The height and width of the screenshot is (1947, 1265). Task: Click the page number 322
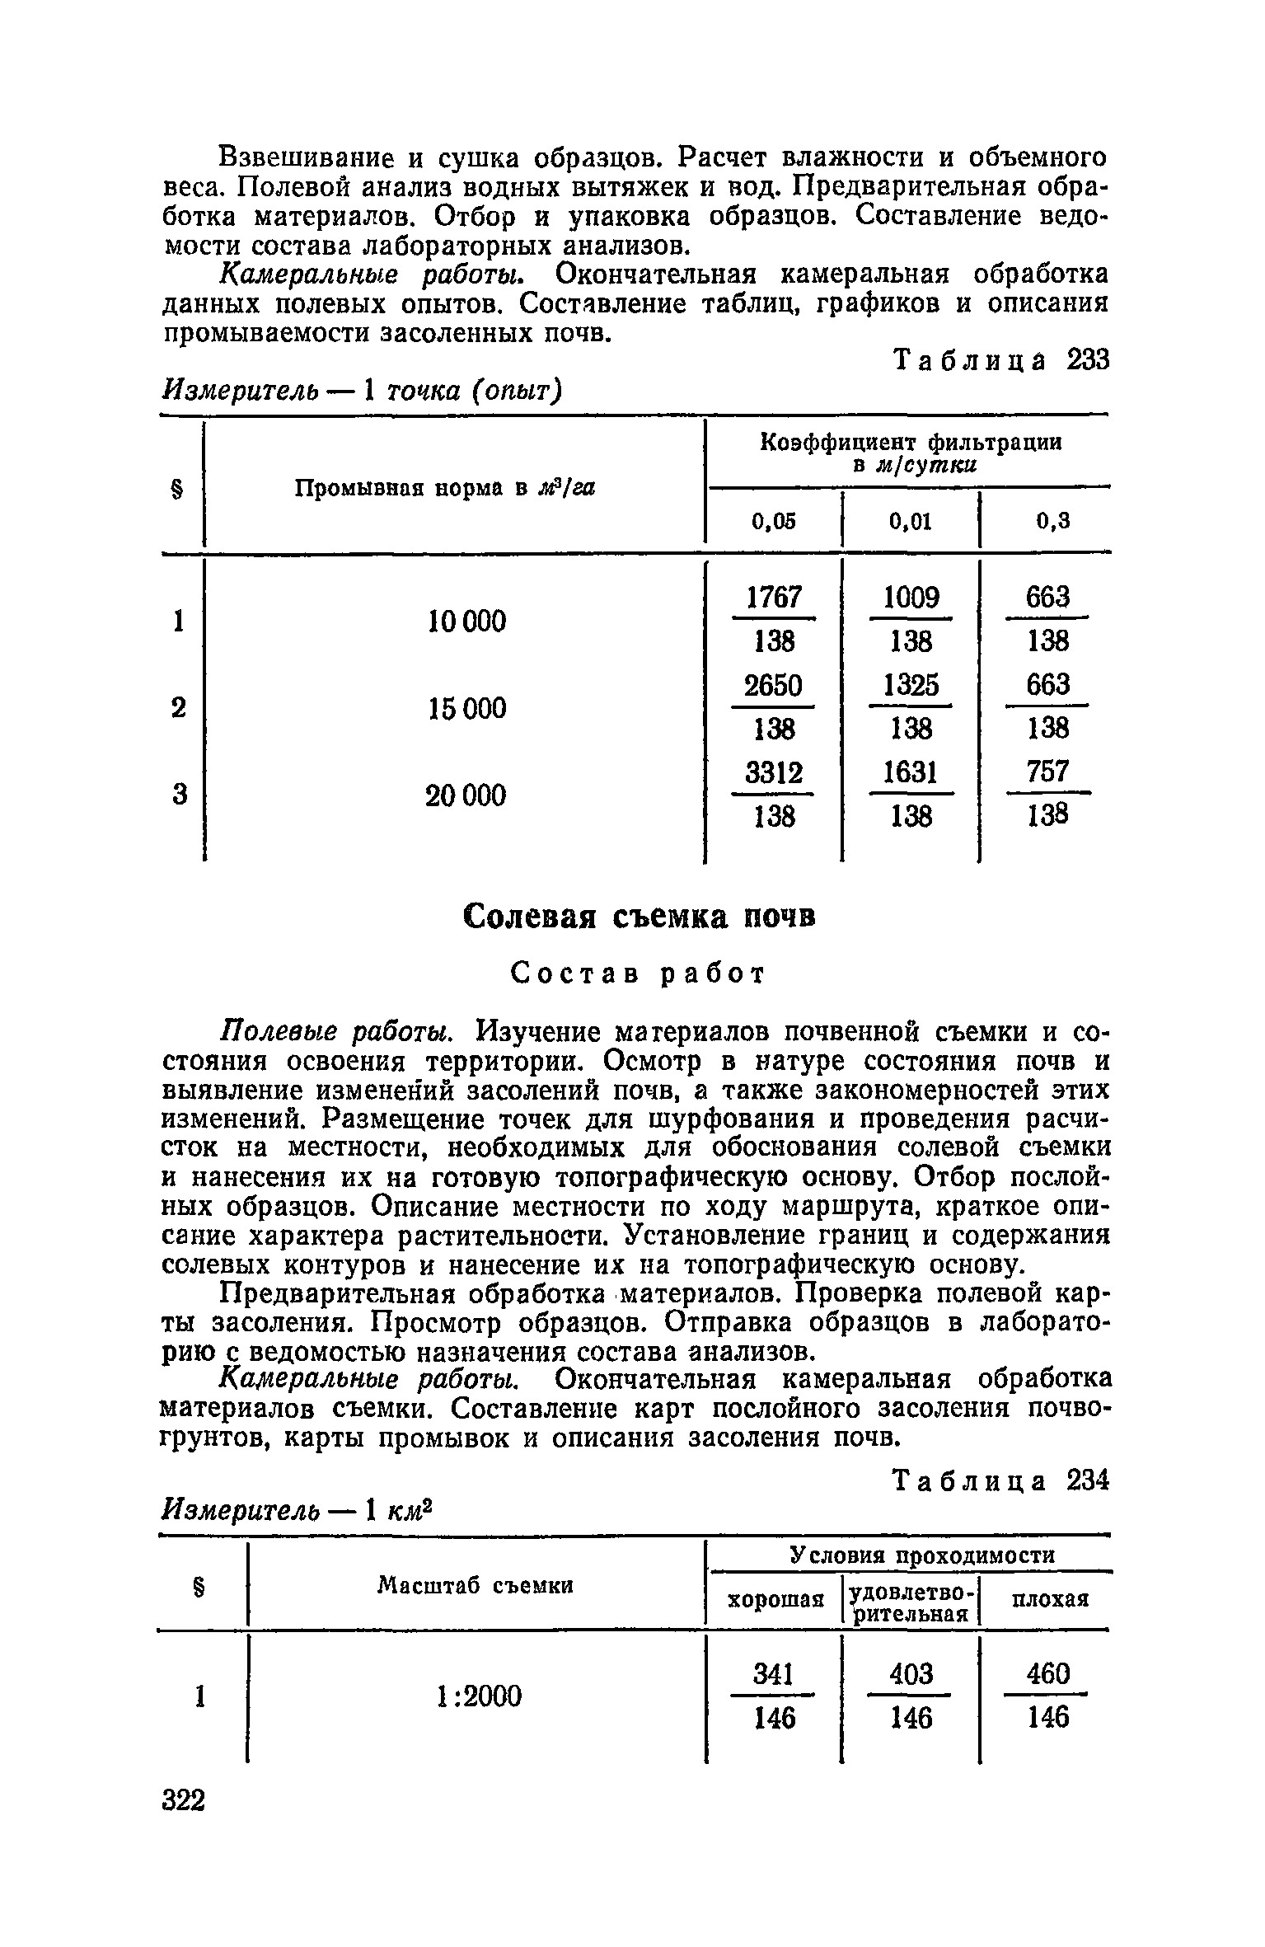click(x=184, y=1799)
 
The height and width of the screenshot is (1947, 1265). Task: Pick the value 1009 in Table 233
click(x=911, y=597)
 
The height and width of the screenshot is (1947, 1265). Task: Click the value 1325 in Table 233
click(x=911, y=685)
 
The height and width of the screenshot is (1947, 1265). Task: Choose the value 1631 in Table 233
click(x=911, y=773)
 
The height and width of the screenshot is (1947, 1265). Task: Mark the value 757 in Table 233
click(x=1047, y=773)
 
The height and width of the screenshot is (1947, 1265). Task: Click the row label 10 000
click(x=467, y=621)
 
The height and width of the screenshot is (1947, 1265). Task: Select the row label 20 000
click(x=466, y=795)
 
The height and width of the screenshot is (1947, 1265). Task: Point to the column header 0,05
click(x=774, y=521)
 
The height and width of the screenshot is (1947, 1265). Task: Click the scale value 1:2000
click(x=477, y=1696)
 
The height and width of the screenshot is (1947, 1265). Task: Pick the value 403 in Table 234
click(x=911, y=1674)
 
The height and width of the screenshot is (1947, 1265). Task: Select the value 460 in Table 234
click(x=1047, y=1674)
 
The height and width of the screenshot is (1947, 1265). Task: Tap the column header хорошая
click(x=775, y=1600)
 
